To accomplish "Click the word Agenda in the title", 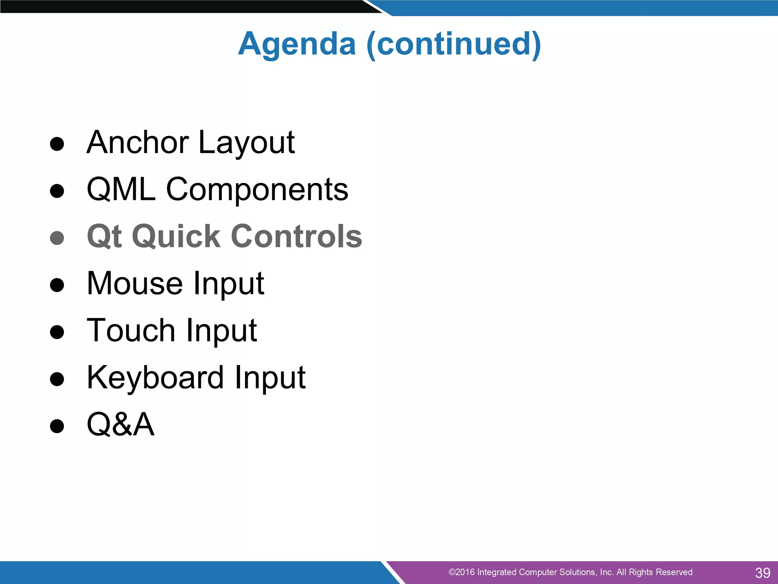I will pos(297,44).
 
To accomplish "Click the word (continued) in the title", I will pos(454,44).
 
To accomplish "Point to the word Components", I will pos(257,190).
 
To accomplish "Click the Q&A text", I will pos(120,424).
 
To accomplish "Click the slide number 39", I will pos(762,573).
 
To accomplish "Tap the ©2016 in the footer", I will pos(461,572).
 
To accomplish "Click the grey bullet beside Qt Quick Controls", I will pos(57,238).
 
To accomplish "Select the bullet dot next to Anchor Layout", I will pos(57,144).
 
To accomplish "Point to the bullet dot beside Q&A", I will pos(57,426).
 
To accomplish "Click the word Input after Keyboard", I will pos(270,378).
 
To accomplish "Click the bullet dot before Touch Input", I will pos(57,332).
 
